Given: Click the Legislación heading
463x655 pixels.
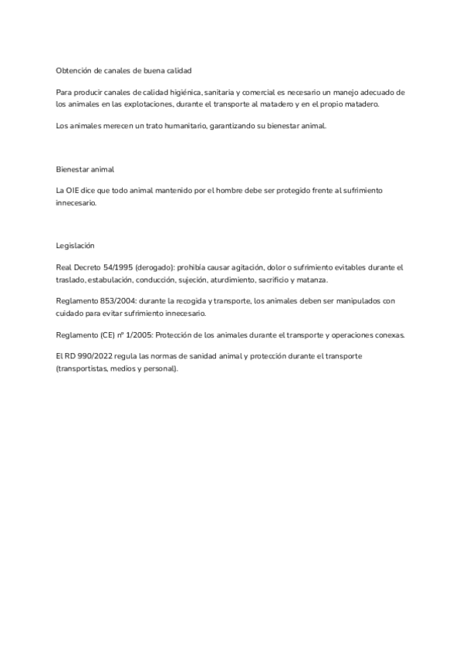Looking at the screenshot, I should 75,245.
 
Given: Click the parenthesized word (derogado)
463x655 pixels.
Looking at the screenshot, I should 157,267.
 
